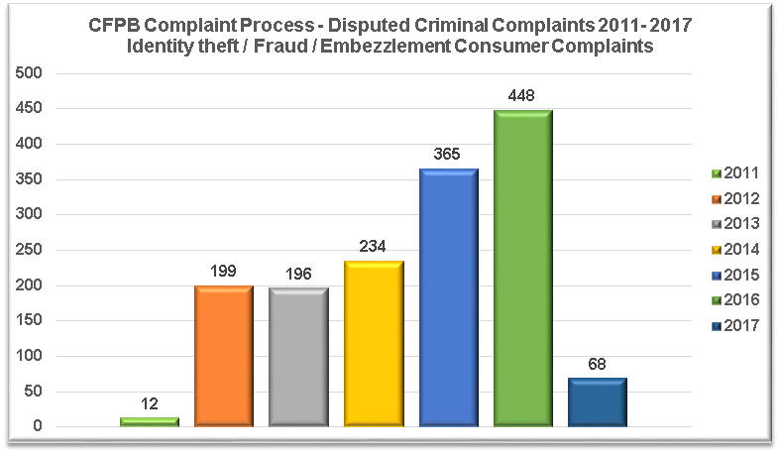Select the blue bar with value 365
(x=448, y=297)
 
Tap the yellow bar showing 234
(x=373, y=343)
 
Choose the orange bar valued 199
(x=224, y=356)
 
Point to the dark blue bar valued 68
(x=598, y=401)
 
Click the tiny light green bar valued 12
(x=150, y=421)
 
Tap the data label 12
(x=150, y=405)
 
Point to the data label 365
(x=448, y=156)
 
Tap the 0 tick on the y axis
(x=38, y=426)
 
